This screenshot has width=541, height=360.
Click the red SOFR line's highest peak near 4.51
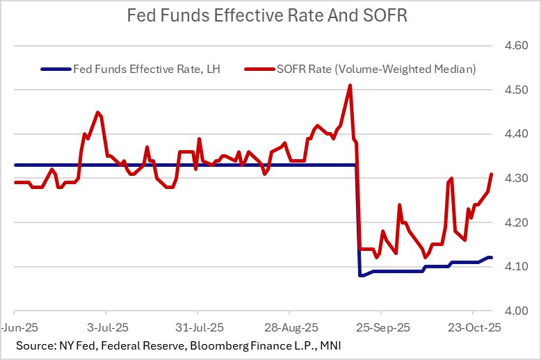350,85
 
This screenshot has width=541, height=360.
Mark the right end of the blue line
492,258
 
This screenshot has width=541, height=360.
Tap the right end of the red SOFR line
492,174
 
